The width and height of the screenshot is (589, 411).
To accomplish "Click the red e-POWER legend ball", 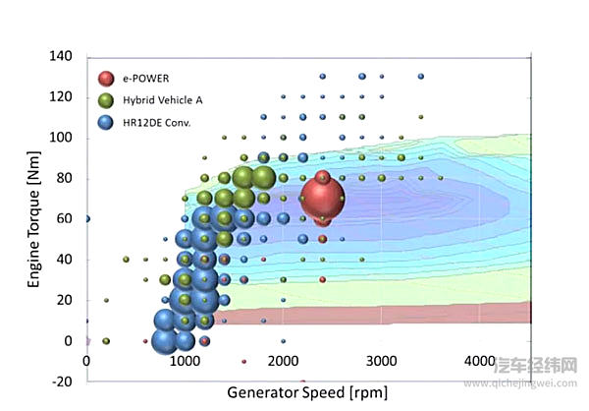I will tap(106, 78).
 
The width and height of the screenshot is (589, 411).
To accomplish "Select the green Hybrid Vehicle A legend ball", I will tap(106, 99).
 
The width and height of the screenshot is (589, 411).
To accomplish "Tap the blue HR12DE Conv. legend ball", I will tap(106, 121).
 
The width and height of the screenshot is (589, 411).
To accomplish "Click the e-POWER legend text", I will tap(146, 78).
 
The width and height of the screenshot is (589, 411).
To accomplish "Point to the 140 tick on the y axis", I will tap(61, 56).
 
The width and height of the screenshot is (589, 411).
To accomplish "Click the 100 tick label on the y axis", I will tap(61, 138).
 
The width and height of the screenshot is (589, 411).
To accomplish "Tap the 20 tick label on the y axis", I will tap(65, 300).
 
